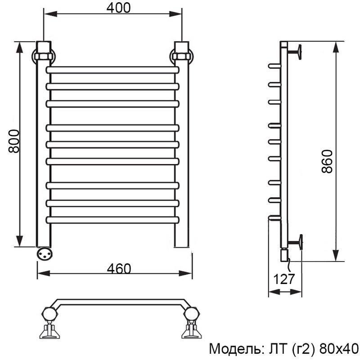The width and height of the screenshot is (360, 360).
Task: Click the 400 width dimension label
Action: [x=118, y=8]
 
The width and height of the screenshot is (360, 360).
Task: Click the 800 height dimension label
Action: [x=14, y=141]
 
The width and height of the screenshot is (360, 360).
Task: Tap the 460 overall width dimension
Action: [x=119, y=268]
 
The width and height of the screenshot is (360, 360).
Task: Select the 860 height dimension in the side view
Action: [x=327, y=161]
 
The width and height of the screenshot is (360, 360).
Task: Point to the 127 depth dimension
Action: [x=284, y=279]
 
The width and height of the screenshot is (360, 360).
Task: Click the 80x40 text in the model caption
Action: [x=339, y=349]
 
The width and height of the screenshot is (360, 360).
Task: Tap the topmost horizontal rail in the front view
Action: [x=112, y=70]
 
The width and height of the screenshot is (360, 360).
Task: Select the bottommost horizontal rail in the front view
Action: [x=112, y=220]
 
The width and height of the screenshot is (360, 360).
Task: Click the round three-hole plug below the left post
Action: [x=45, y=253]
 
